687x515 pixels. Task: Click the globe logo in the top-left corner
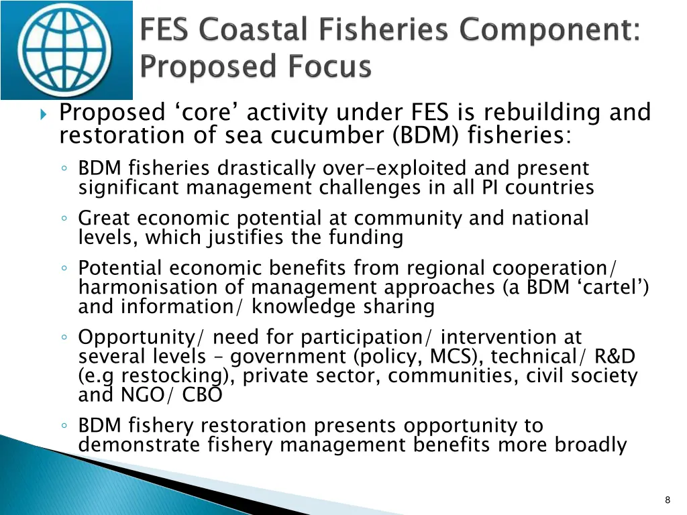point(66,50)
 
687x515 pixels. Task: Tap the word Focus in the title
point(332,67)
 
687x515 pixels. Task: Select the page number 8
point(667,500)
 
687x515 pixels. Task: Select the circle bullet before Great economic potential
point(62,219)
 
